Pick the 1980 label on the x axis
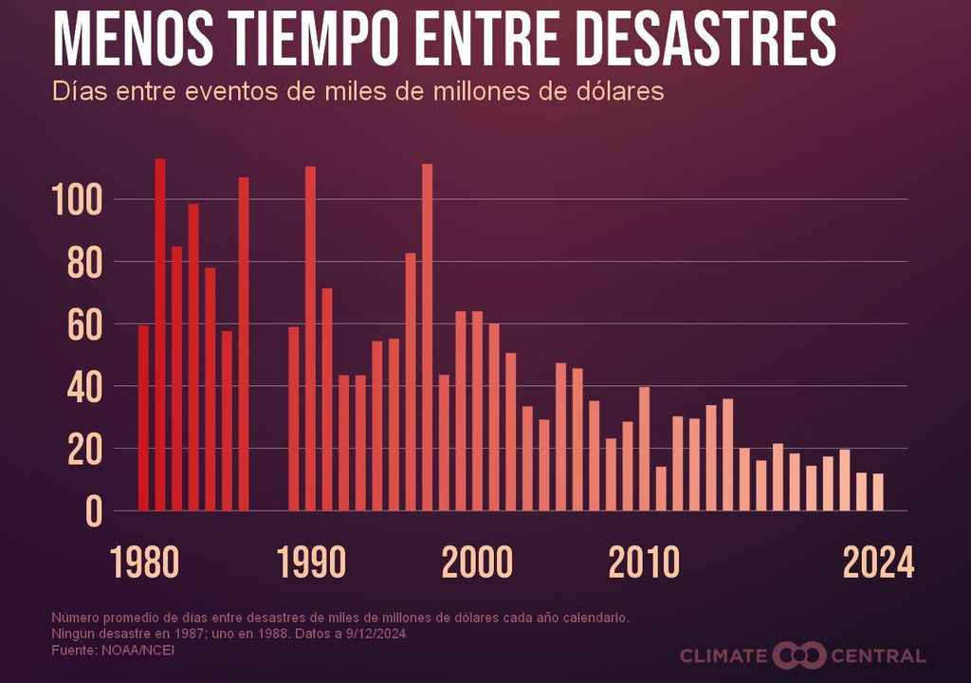click(144, 563)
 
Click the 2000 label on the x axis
click(477, 563)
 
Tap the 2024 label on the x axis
click(879, 563)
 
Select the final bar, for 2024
click(878, 492)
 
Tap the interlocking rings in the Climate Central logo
click(799, 655)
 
